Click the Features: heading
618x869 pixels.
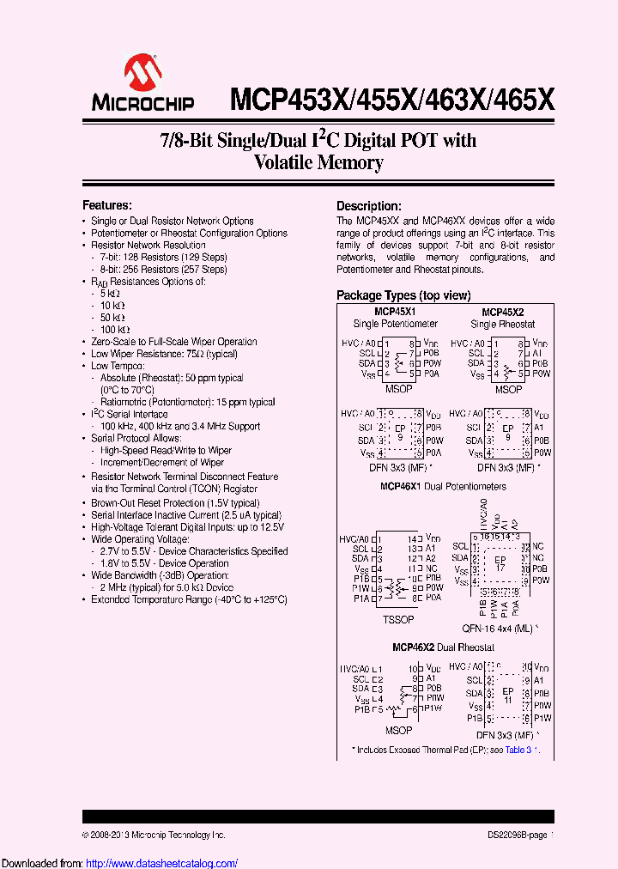(x=106, y=205)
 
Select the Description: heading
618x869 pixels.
(x=368, y=206)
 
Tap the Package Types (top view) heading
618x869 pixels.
(x=403, y=295)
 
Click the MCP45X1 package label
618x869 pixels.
(x=395, y=311)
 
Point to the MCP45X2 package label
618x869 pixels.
(x=503, y=312)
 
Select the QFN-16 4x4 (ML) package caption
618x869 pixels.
(x=502, y=628)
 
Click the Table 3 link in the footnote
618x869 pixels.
(x=519, y=750)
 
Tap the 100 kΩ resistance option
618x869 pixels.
(x=115, y=330)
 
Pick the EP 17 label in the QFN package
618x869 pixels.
(x=501, y=562)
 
